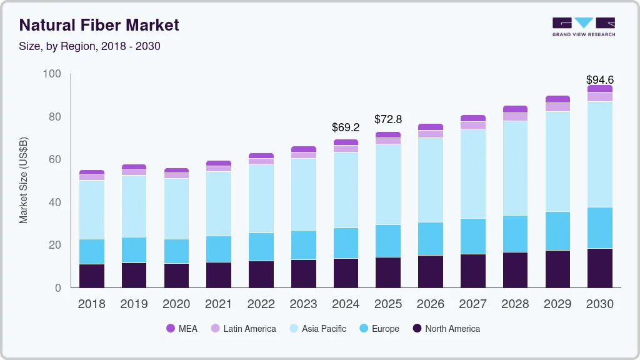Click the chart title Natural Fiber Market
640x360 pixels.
pos(99,25)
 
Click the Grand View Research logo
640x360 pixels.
pos(583,26)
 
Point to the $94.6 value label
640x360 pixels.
pos(599,80)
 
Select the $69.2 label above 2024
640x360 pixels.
pos(346,127)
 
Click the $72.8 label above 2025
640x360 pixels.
pos(387,119)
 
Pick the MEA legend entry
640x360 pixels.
pos(182,329)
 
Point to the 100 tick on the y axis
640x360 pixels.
pos(52,74)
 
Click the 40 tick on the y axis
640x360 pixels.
pos(54,202)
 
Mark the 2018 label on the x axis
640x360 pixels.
pos(91,304)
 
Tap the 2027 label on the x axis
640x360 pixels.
pos(472,304)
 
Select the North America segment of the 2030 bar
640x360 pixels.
pos(599,268)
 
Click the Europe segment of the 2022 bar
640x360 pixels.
pos(261,247)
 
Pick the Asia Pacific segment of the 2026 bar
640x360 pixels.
pos(430,180)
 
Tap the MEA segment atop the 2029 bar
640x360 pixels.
pos(557,99)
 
